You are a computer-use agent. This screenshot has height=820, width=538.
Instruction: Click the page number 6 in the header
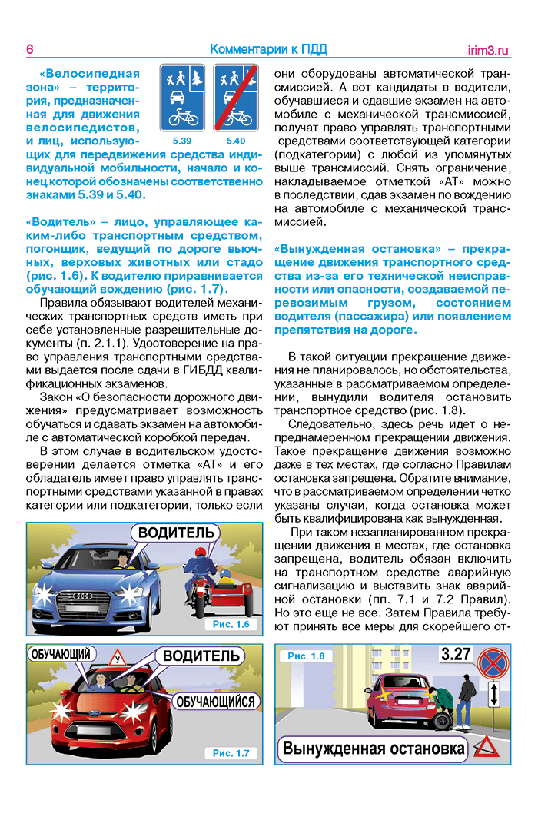pos(29,50)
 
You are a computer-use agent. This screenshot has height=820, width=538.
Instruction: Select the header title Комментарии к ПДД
pos(268,50)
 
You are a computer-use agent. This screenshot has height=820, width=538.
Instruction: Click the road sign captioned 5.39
pos(182,98)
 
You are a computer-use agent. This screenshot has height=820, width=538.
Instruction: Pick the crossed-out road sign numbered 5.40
pos(236,98)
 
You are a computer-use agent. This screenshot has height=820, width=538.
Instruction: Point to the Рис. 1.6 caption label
pos(231,625)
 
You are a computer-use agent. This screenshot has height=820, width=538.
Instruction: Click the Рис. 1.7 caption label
pos(231,753)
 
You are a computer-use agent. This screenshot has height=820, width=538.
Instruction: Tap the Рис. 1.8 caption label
pos(306,656)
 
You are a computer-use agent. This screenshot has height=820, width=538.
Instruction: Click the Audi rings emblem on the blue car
pos(82,596)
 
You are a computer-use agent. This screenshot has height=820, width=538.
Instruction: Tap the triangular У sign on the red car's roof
pos(118,659)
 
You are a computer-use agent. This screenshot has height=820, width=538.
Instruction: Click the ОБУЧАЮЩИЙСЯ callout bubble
pos(214,702)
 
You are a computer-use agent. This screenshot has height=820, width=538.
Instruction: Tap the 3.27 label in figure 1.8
pos(455,655)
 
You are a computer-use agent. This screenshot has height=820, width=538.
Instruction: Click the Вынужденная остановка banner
pos(374,748)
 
